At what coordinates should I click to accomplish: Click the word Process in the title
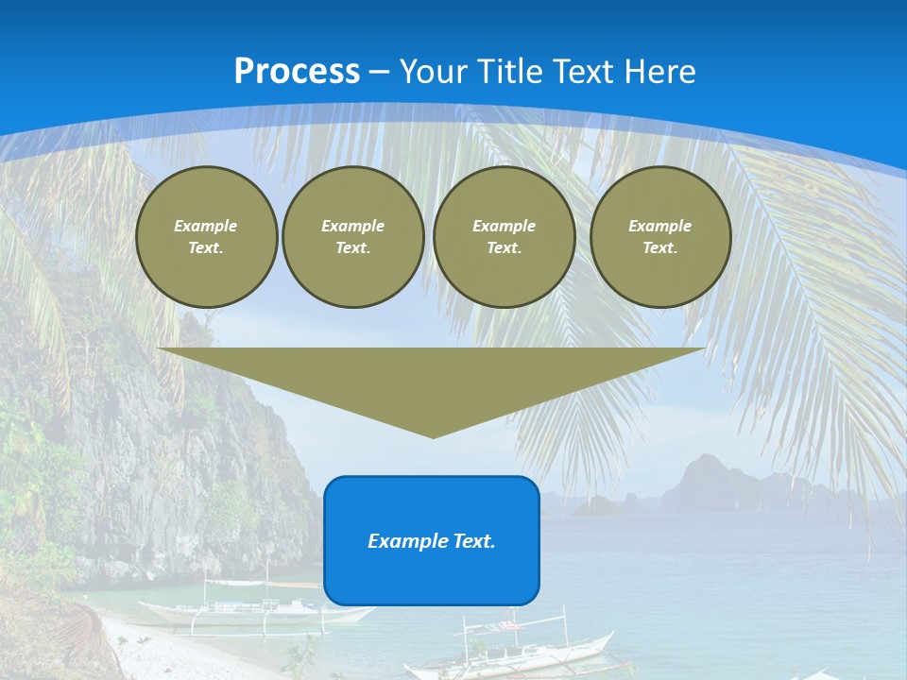pos(297,72)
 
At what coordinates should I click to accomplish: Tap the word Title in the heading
pos(510,72)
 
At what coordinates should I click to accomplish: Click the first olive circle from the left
pos(206,237)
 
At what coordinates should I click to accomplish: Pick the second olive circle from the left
pos(353,237)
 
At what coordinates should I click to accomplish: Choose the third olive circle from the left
pos(504,237)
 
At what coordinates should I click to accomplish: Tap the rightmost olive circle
pos(660,237)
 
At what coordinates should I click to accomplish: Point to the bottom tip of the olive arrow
pos(433,436)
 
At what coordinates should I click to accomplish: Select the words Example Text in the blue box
pos(432,541)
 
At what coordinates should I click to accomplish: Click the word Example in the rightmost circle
pos(659,226)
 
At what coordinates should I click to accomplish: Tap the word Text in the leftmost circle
pos(206,248)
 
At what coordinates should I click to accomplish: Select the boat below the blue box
pos(510,652)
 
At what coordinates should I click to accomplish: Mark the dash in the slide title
pos(380,72)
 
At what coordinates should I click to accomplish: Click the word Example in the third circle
pos(504,226)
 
